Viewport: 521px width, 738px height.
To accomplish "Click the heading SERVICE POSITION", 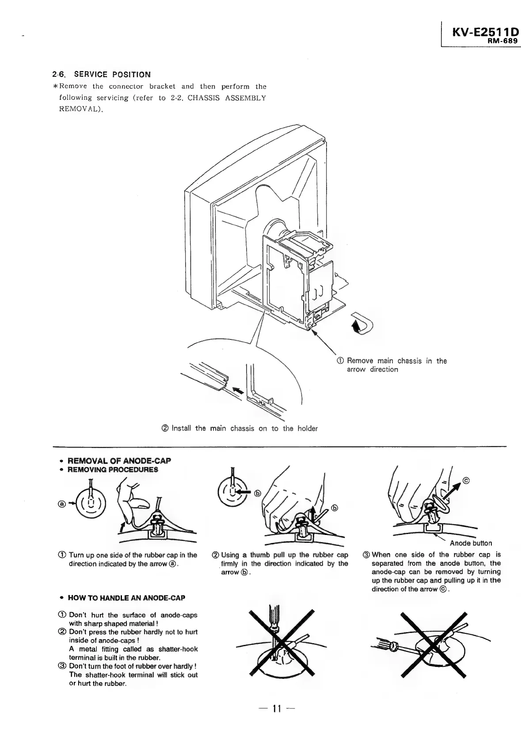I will pos(112,75).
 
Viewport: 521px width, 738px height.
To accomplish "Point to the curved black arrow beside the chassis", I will pos(361,324).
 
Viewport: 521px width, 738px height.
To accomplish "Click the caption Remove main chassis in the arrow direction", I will pos(396,365).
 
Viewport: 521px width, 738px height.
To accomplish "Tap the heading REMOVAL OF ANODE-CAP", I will pos(119,461).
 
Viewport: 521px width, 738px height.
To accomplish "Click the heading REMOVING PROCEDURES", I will pos(112,470).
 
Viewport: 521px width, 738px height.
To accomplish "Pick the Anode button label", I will pos(471,543).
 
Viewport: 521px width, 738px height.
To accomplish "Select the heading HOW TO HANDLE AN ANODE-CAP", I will pos(126,598).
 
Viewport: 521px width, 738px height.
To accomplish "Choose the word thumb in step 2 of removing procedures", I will pos(260,555).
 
